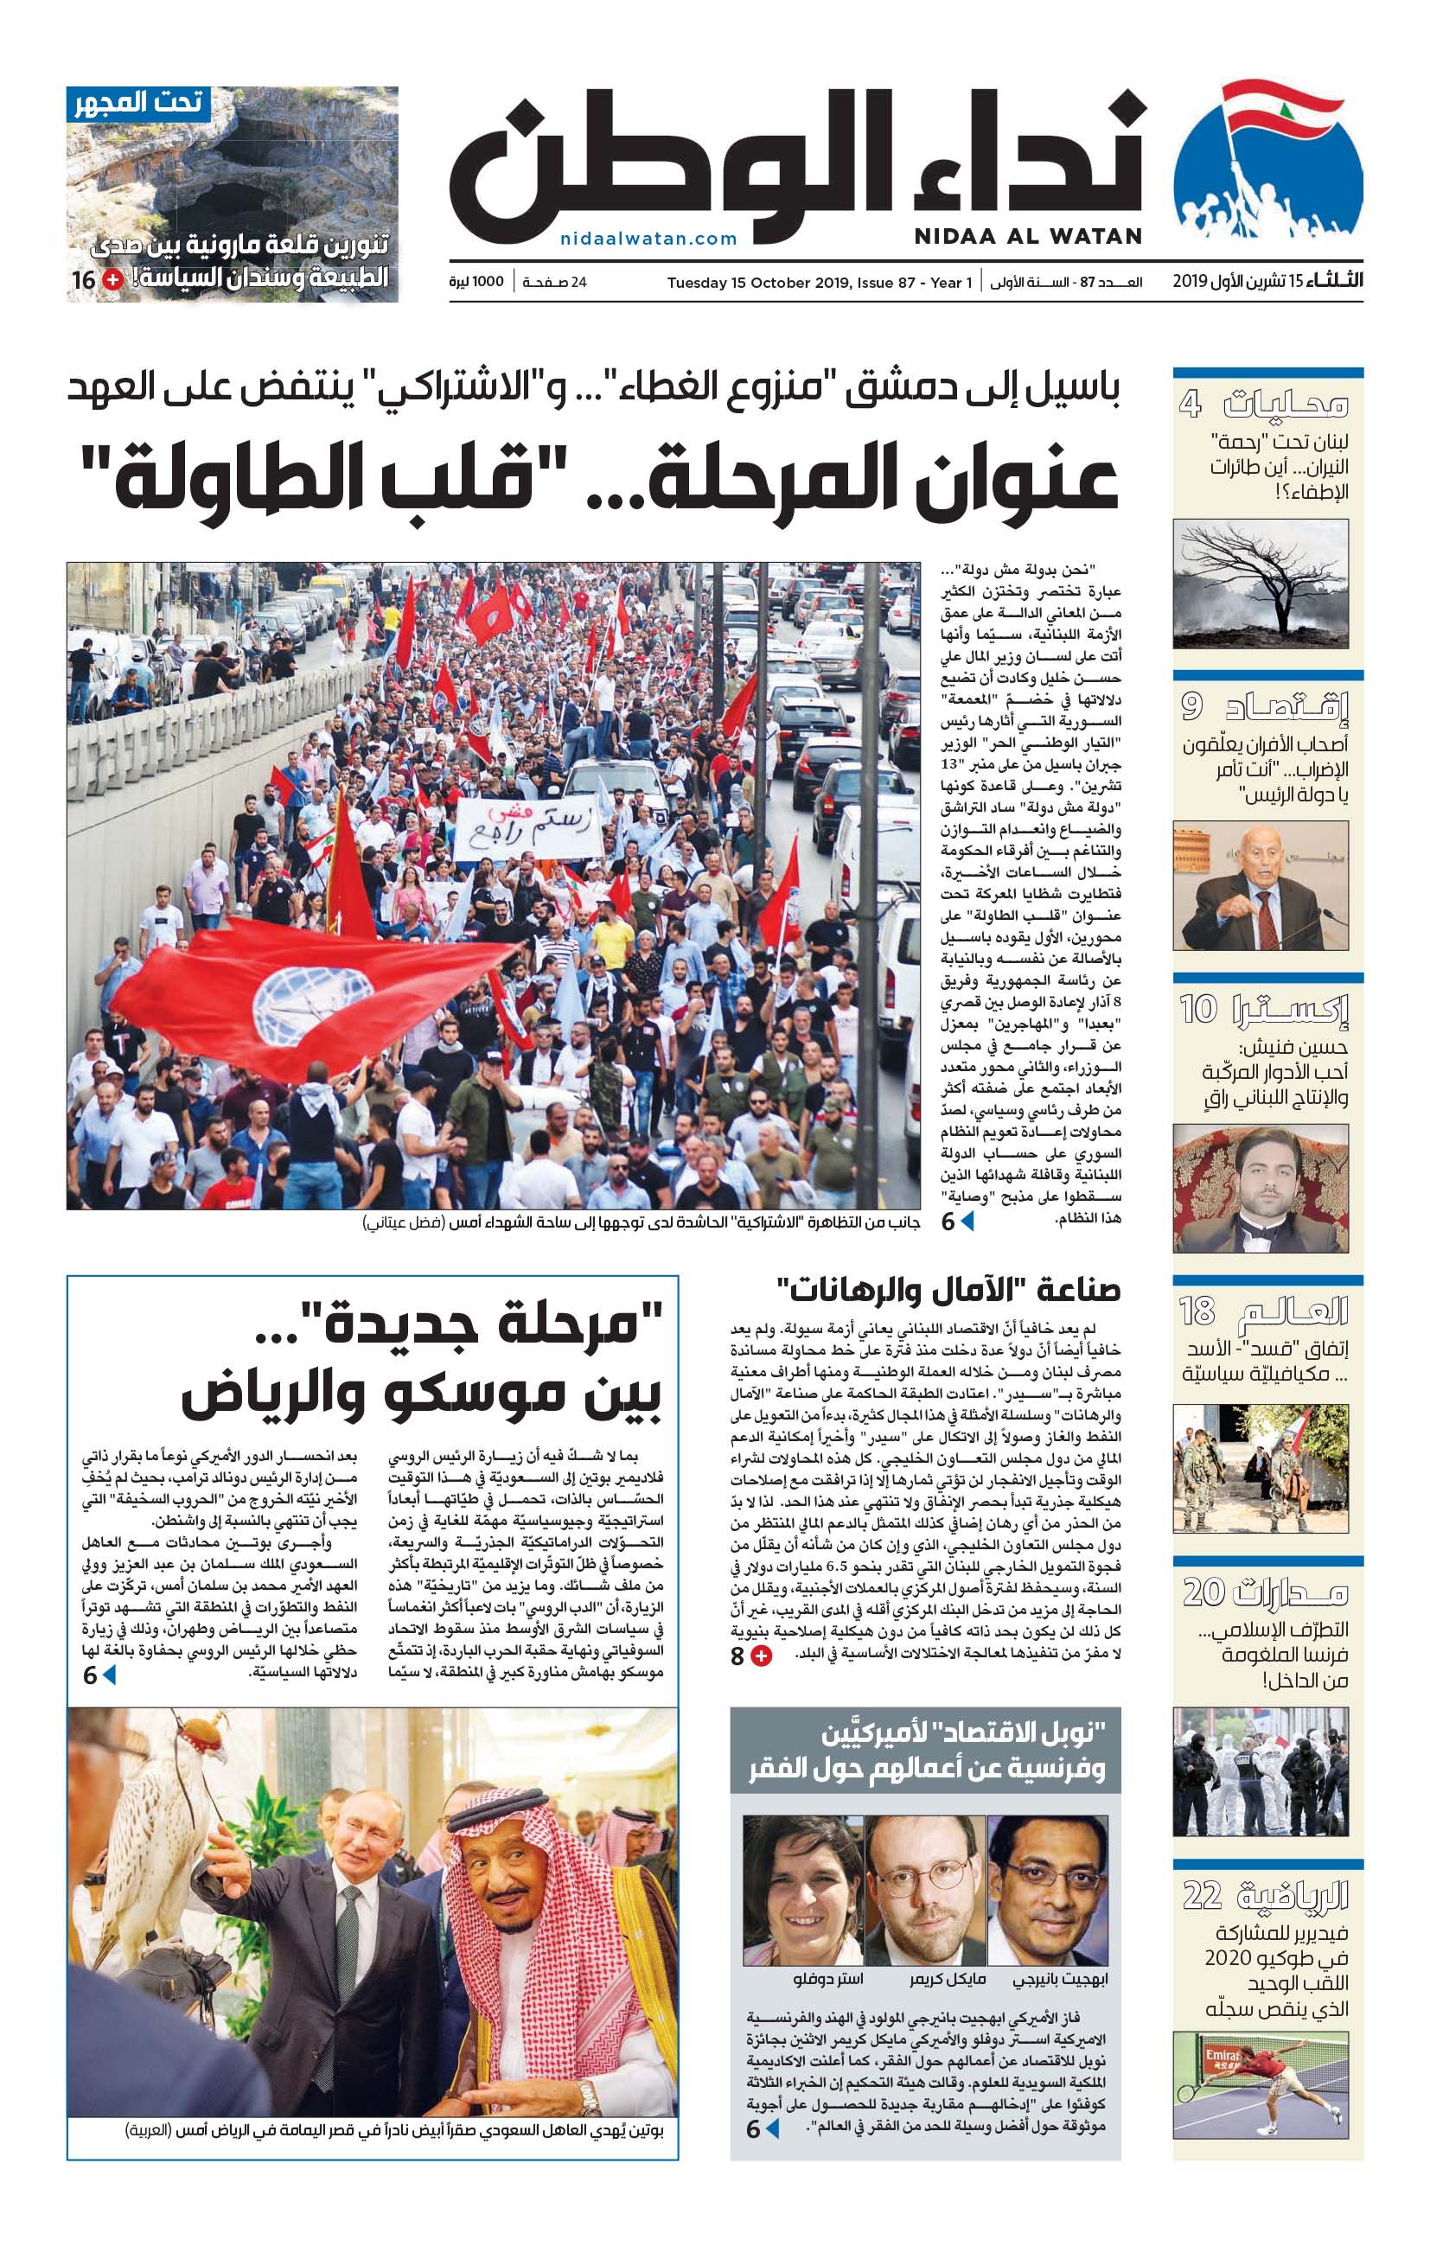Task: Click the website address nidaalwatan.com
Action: click(648, 239)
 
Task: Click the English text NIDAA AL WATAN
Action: click(1028, 236)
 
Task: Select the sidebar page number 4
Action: click(1190, 403)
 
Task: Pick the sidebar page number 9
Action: click(1192, 706)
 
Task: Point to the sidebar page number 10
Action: click(1197, 1008)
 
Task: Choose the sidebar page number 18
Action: click(1197, 1311)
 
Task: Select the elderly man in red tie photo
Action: click(1261, 886)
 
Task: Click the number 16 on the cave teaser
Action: click(84, 280)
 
